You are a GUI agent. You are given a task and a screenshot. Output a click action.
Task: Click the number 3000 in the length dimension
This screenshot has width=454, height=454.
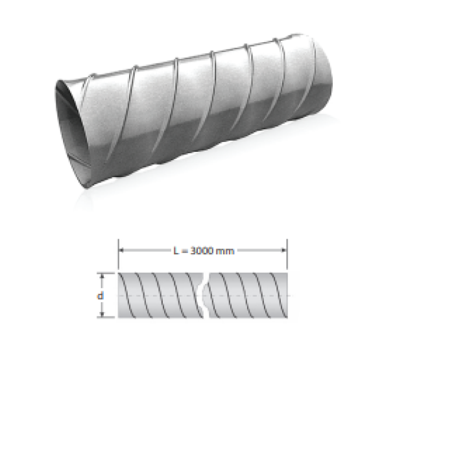point(202,250)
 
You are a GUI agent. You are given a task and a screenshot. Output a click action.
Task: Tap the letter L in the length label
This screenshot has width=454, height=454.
point(176,250)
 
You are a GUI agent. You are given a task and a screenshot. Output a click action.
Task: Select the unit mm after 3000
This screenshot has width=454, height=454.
point(225,251)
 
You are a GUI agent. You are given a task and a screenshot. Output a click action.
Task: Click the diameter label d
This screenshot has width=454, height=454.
point(100,296)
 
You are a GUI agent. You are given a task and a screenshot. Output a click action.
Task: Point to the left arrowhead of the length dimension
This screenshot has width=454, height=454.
point(121,250)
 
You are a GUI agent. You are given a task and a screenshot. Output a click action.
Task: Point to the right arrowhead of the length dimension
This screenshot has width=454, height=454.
point(284,250)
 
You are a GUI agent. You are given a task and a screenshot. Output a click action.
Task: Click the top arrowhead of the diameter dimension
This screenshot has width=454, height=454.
point(102,276)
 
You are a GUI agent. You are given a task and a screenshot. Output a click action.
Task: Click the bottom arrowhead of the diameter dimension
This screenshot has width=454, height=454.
point(102,314)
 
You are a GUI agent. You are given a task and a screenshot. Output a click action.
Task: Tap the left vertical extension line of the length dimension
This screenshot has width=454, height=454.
point(119,254)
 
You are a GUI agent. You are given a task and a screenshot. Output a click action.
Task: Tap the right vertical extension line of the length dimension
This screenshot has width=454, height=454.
point(287,254)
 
